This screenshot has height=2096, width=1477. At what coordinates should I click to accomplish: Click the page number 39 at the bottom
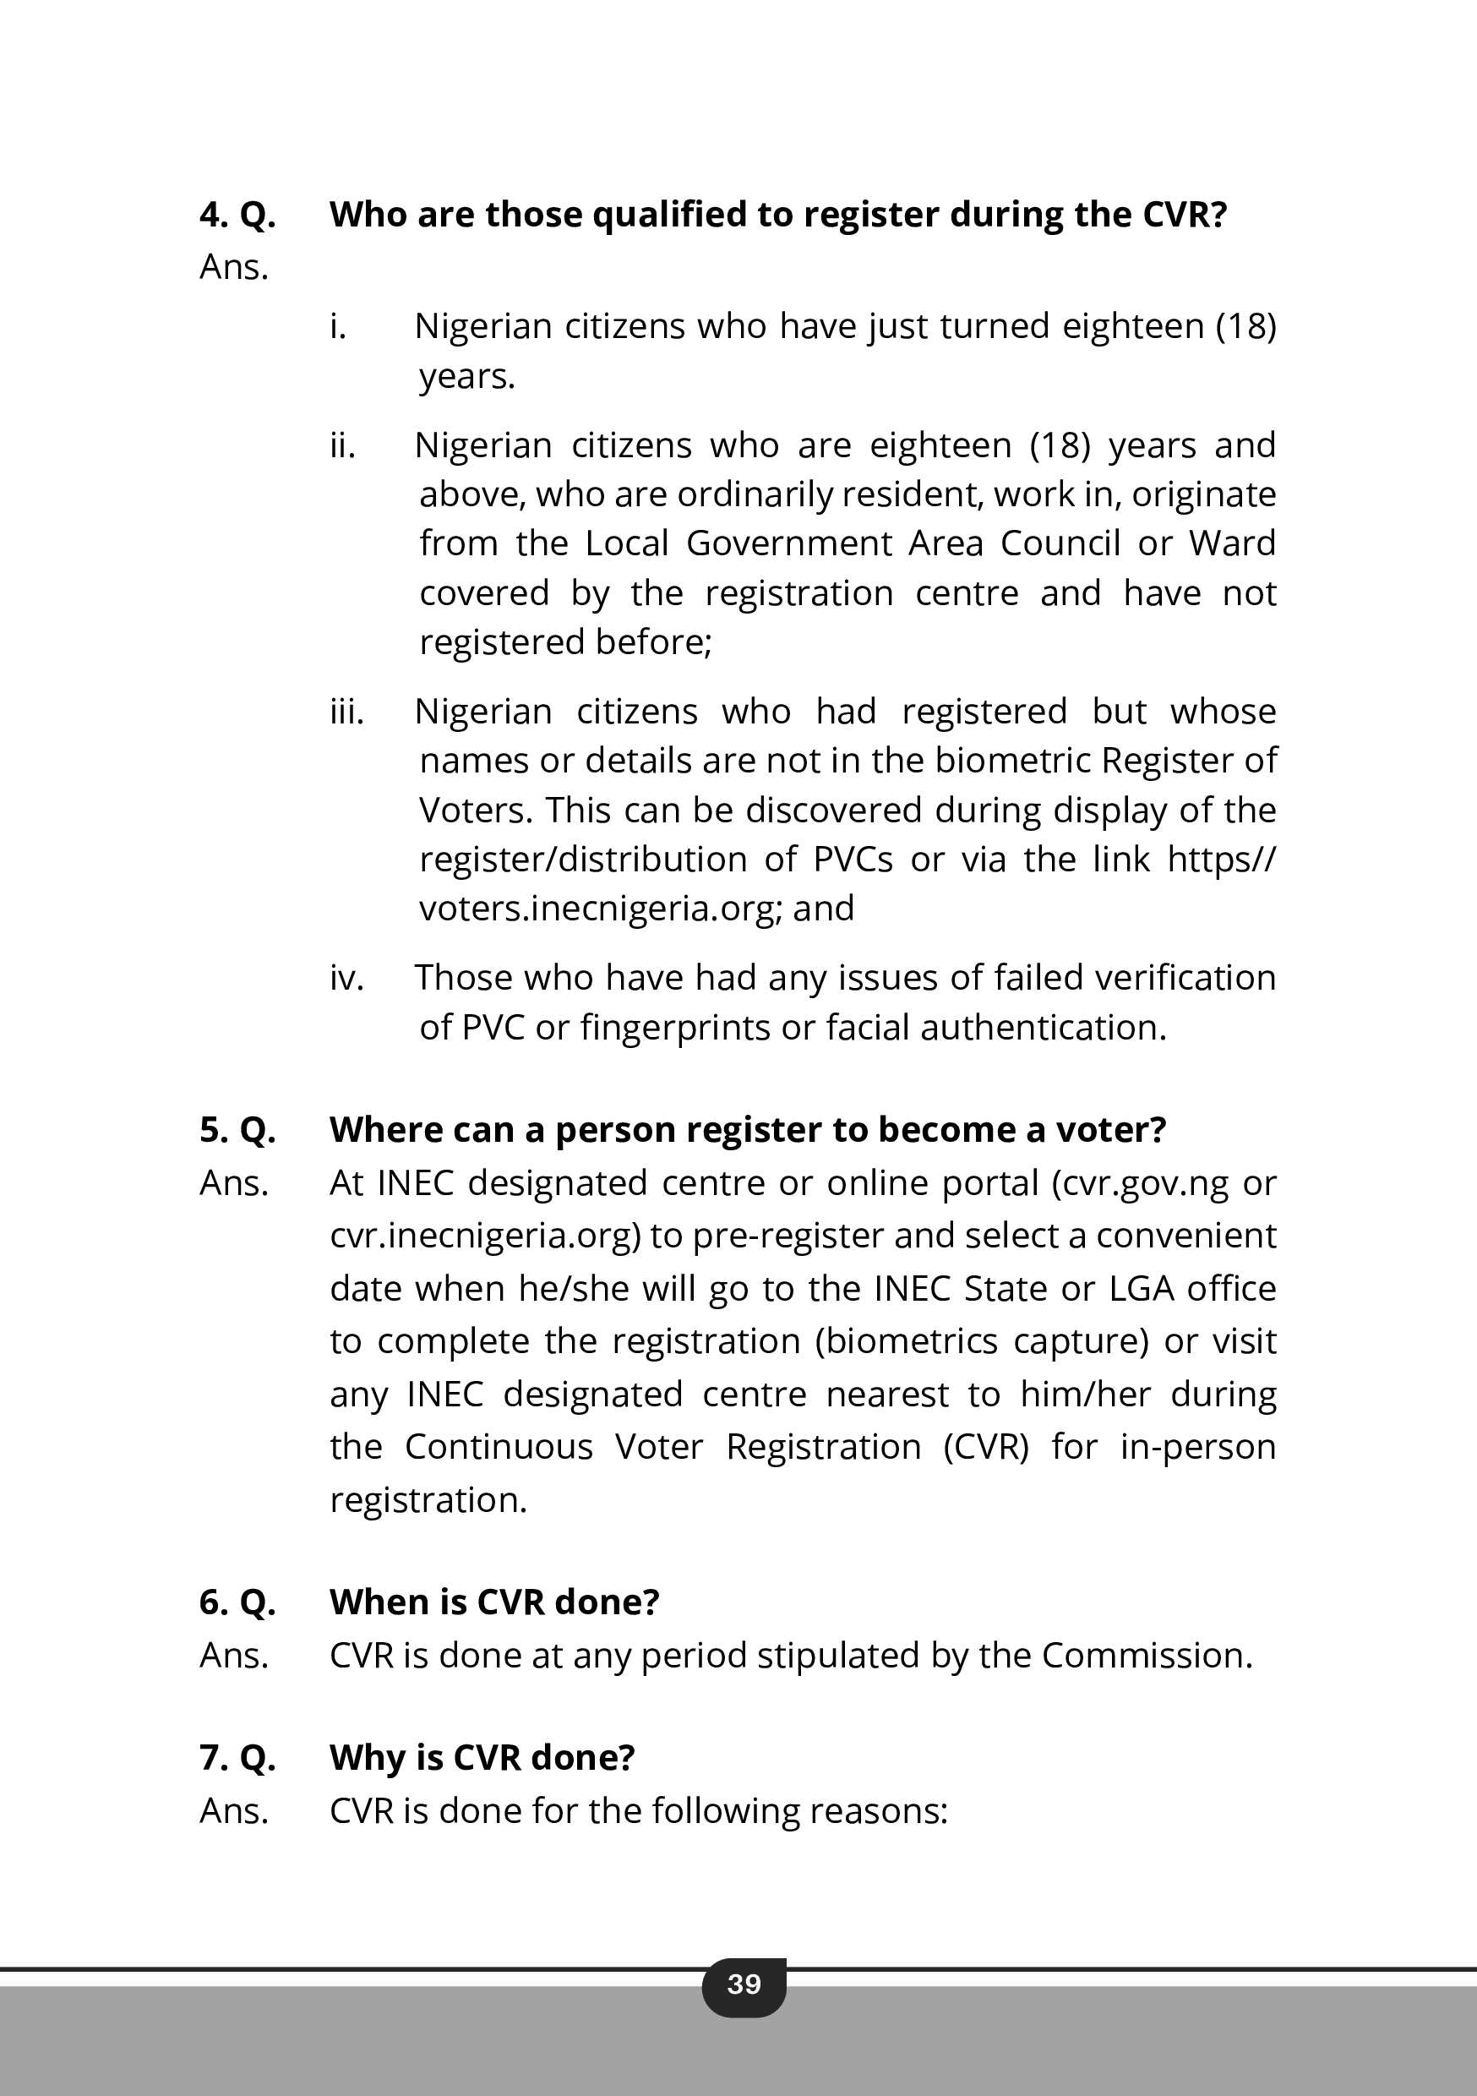pos(744,1984)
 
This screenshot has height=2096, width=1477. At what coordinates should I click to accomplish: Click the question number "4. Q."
pos(237,215)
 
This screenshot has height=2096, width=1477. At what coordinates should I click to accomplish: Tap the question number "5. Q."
pos(237,1130)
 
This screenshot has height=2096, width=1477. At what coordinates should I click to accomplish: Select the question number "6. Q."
pos(237,1602)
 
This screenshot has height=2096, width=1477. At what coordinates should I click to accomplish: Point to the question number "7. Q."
pos(237,1757)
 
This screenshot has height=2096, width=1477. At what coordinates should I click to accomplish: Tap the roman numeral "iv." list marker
pos(347,979)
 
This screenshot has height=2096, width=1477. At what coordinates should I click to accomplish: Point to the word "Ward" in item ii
pos(1231,543)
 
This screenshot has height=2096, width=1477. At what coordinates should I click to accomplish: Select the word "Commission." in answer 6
pos(1147,1655)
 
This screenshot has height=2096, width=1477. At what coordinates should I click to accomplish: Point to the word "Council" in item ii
pos(1060,543)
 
